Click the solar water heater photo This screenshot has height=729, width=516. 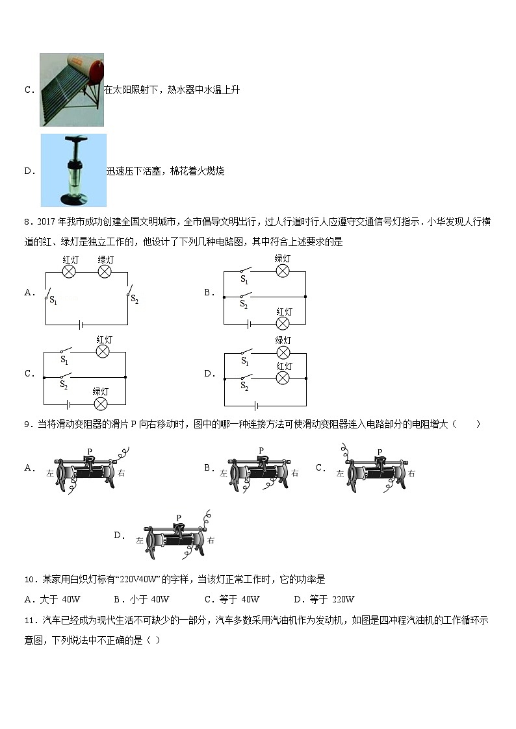(x=71, y=90)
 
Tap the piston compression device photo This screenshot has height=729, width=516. (x=73, y=170)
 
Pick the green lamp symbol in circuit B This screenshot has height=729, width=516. (x=283, y=271)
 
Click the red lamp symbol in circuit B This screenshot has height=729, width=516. (x=283, y=323)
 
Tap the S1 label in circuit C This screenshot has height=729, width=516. (x=64, y=359)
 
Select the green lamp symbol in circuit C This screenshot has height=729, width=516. (x=100, y=404)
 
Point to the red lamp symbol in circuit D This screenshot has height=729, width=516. (x=283, y=378)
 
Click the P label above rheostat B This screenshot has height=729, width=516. (x=261, y=451)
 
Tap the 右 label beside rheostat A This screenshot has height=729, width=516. (x=121, y=473)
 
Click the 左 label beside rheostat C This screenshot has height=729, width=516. (x=340, y=474)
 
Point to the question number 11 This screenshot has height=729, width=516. (x=29, y=620)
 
